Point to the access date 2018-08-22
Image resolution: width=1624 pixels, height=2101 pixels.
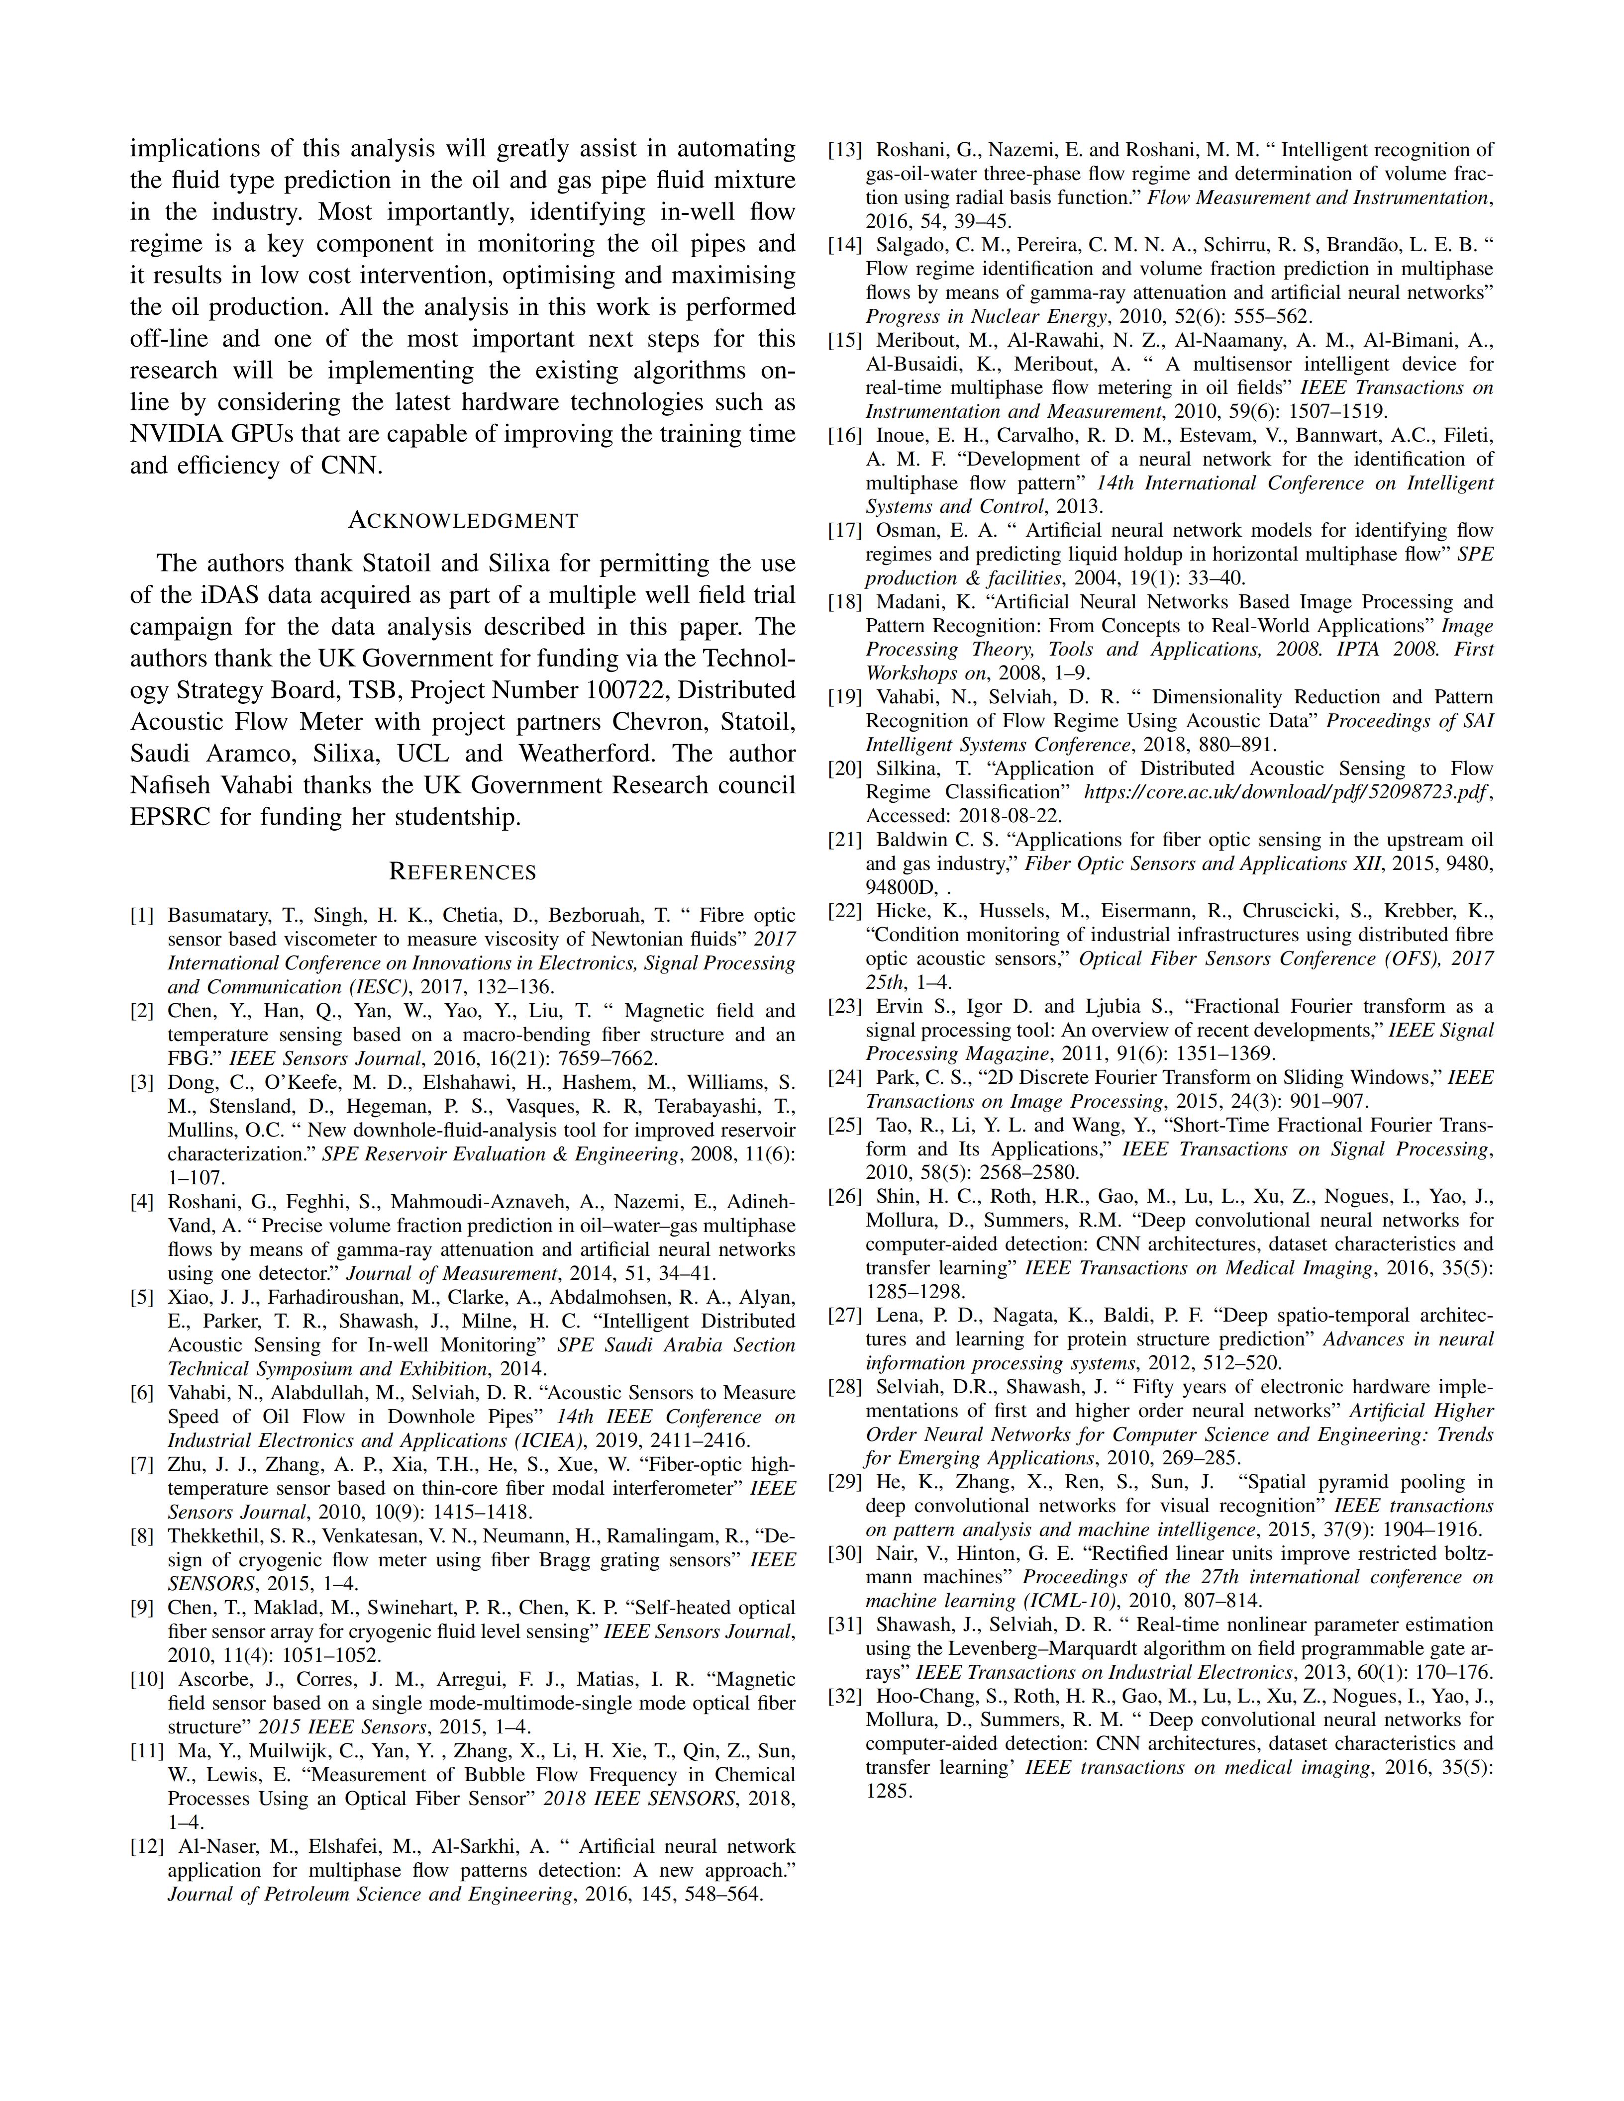(997, 816)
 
